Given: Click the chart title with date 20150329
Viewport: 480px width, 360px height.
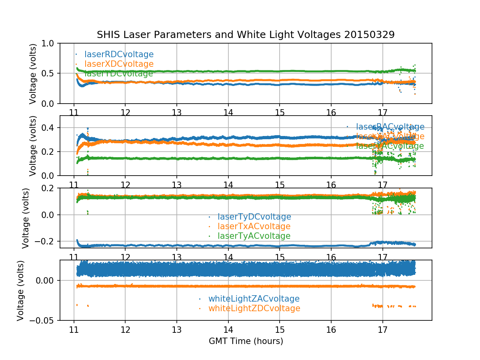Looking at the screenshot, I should click(246, 35).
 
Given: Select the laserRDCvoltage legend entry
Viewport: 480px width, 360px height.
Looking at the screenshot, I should click(119, 54).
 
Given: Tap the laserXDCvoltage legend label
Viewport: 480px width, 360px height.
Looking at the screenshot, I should click(119, 64).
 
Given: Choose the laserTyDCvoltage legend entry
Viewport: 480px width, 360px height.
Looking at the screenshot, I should click(254, 217).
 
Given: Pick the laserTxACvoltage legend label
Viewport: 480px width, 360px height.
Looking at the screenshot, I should click(254, 226).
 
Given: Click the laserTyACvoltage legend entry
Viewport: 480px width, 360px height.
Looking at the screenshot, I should click(254, 236).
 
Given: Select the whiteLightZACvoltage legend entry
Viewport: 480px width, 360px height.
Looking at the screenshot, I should click(254, 299).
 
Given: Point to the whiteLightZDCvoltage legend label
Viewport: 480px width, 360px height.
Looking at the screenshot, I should click(254, 308).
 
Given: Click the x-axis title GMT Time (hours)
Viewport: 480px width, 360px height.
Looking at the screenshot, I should click(246, 341).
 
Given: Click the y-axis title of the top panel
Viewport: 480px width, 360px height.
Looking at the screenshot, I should click(33, 74).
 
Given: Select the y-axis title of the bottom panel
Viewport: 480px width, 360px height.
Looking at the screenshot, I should click(21, 290).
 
